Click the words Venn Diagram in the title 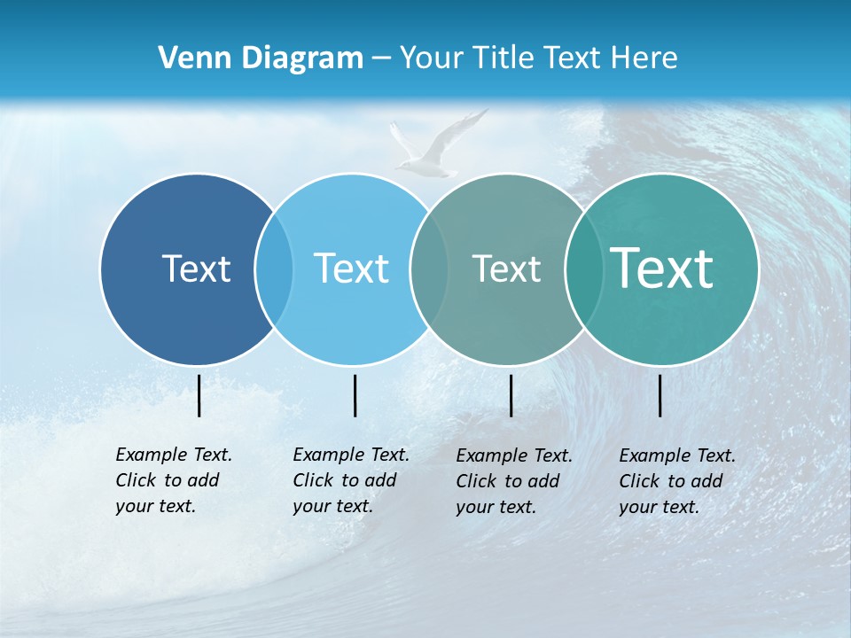pos(261,58)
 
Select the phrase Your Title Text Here pos(538,58)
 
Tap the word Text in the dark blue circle pos(196,268)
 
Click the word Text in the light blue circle pos(352,268)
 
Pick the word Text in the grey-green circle pos(506,268)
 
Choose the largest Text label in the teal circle pos(662,268)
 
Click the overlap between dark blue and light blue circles pos(274,268)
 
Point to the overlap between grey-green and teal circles pos(582,268)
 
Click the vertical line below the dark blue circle pos(199,395)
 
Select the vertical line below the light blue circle pos(355,395)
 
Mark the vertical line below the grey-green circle pos(511,395)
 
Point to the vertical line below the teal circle pos(660,395)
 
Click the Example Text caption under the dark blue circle pos(173,480)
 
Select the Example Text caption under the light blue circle pos(350,480)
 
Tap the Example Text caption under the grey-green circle pos(513,481)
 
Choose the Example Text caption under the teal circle pos(676,481)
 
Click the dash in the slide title pos(381,59)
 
